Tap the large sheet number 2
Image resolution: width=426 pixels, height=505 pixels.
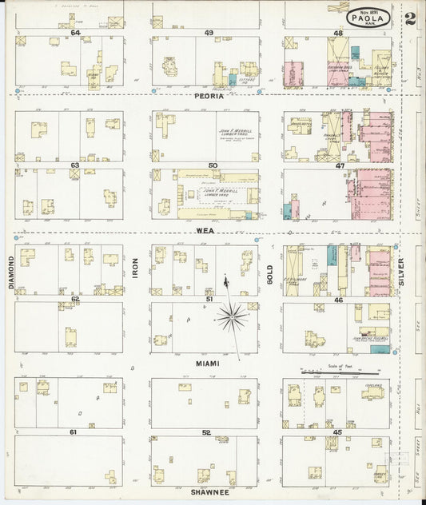point(409,18)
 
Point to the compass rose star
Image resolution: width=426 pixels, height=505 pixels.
point(232,317)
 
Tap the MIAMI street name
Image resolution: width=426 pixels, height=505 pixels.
point(207,363)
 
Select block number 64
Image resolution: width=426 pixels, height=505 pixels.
point(75,33)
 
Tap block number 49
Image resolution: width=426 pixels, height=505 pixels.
point(208,33)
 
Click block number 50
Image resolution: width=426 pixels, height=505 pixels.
point(213,165)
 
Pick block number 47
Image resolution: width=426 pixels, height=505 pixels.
point(340,165)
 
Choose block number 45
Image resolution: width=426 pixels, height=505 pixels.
point(336,432)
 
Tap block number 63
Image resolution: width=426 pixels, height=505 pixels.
point(74,165)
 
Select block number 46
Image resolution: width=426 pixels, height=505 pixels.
point(339,299)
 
